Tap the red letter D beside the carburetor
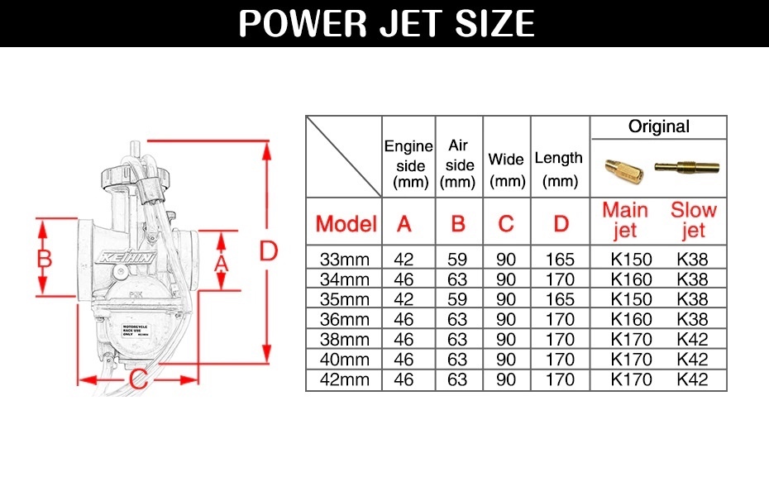point(267,250)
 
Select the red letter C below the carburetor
point(139,380)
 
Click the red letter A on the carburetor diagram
point(220,262)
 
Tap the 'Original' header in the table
point(658,126)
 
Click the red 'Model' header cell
point(346,223)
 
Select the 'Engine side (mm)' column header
point(408,164)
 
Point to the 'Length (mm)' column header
point(559,169)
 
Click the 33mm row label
point(344,260)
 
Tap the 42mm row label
point(344,380)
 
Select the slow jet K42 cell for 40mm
point(692,360)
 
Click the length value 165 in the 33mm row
point(560,260)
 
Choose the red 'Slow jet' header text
point(693,221)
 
